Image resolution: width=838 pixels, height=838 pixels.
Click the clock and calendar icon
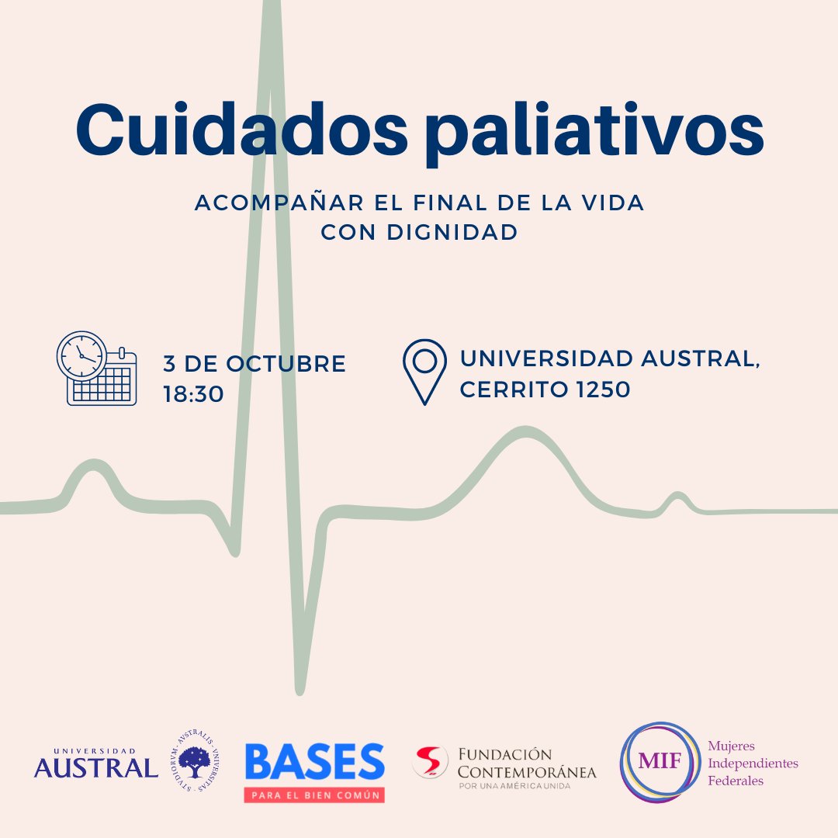coord(96,368)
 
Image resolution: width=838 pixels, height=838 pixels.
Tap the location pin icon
coord(424,370)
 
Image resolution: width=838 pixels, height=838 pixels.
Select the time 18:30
coord(193,393)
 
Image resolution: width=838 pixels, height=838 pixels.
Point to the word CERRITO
coord(511,390)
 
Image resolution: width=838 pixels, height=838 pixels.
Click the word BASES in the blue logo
coord(314,763)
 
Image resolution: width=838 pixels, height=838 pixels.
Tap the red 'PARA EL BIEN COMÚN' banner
coord(314,795)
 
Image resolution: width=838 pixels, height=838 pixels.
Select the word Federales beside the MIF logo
coord(735,781)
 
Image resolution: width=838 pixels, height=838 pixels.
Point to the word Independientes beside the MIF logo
coord(753,764)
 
